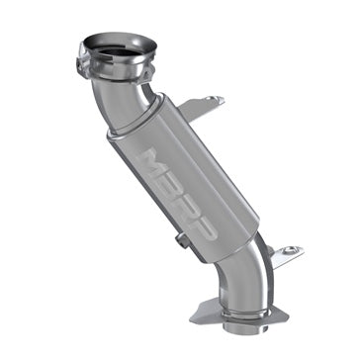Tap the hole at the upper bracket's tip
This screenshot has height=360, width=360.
tap(216, 100)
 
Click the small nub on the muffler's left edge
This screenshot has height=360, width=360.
tap(179, 240)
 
